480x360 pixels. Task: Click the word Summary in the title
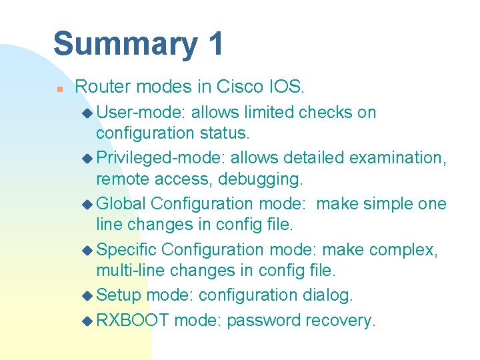[x=125, y=44]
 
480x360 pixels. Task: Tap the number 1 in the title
[x=215, y=44]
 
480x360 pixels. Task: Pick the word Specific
[x=127, y=249]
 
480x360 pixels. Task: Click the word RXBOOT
[x=133, y=320]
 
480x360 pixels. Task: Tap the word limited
[x=269, y=112]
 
